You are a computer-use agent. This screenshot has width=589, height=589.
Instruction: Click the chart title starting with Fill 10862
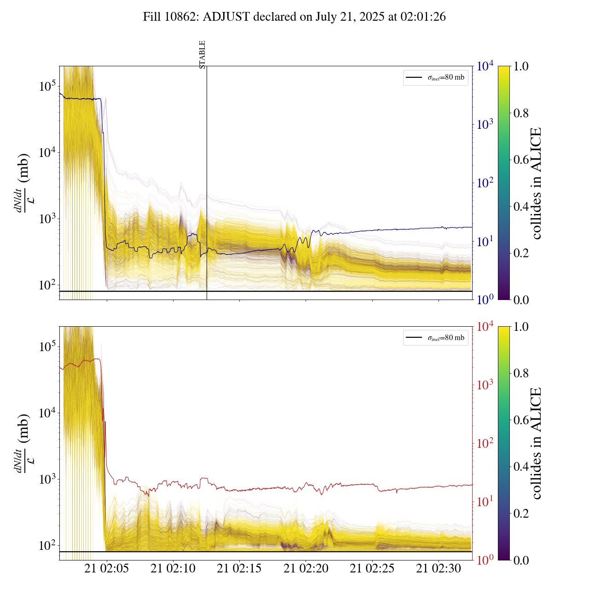[x=294, y=17]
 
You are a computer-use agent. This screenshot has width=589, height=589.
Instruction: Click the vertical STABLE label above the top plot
[x=202, y=55]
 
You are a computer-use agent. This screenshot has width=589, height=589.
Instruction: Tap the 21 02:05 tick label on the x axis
[x=107, y=569]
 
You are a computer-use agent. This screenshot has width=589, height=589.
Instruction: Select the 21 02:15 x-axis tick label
[x=239, y=569]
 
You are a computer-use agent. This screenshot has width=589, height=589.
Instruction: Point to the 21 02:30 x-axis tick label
[x=439, y=569]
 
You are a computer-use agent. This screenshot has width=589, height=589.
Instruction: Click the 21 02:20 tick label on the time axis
[x=306, y=569]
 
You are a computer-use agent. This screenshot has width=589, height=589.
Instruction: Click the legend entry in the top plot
[x=435, y=77]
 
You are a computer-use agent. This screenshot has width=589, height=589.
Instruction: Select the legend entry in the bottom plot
[x=435, y=338]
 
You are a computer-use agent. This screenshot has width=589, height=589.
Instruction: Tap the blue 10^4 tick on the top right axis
[x=485, y=66]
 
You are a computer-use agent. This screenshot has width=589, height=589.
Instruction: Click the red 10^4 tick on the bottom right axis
[x=485, y=327]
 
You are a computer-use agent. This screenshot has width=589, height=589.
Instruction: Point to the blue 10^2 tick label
[x=485, y=183]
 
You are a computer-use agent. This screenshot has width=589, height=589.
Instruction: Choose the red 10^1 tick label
[x=485, y=502]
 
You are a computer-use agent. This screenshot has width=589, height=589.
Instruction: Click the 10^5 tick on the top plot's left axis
[x=47, y=86]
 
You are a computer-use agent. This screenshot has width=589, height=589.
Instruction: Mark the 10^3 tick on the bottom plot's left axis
[x=47, y=479]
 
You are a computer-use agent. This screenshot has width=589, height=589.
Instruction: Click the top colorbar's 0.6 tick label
[x=521, y=160]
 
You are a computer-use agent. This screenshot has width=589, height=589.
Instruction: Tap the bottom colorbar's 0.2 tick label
[x=521, y=514]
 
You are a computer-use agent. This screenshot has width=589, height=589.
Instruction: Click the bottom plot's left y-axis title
[x=23, y=443]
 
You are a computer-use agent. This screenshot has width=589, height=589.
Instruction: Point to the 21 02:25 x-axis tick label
[x=372, y=569]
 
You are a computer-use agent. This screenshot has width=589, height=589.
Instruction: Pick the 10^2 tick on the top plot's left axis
[x=47, y=285]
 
